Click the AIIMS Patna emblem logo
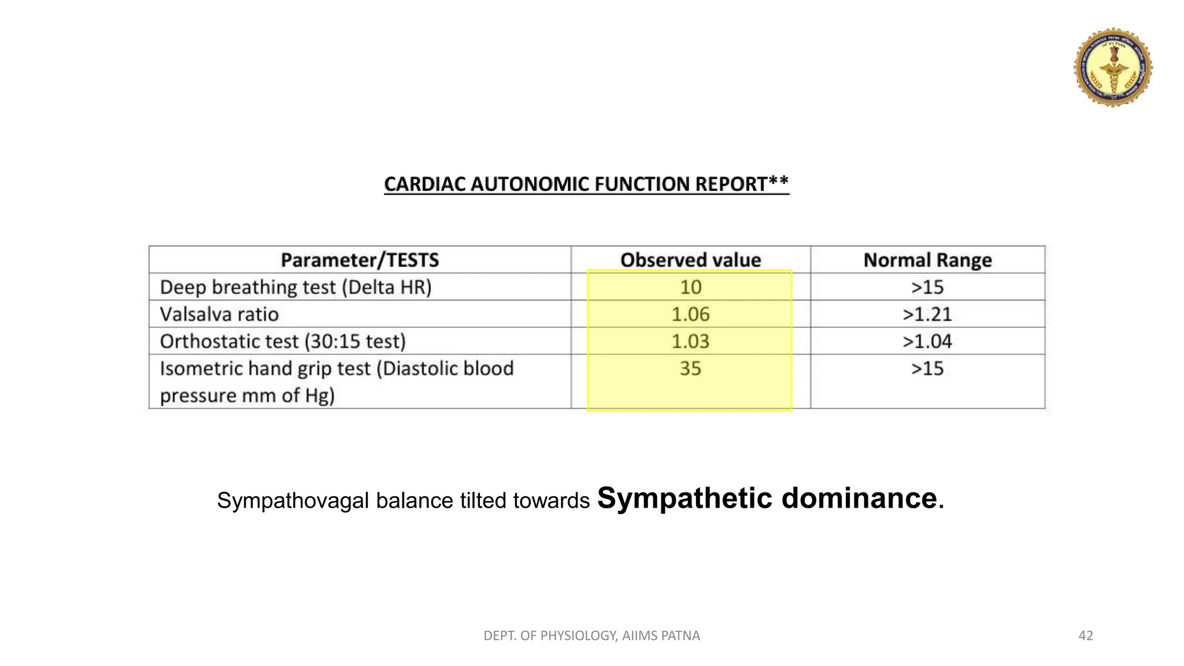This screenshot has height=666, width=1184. point(1113,67)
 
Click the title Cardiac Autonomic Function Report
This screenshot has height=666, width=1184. point(586,184)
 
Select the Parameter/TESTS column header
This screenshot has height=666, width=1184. point(360,260)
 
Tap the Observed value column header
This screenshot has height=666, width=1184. point(690,260)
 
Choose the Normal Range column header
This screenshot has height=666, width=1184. point(927,260)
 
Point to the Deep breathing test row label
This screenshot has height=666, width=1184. point(295,287)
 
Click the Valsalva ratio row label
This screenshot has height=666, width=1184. point(219,314)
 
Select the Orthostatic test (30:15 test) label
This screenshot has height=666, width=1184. point(283,342)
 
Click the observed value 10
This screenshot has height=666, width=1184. point(690,287)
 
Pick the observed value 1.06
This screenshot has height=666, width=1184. point(690,314)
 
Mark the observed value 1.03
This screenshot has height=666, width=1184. point(690,342)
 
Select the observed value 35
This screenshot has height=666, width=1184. point(690,369)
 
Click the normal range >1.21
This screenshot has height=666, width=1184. point(927,314)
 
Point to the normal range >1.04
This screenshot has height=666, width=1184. point(927,342)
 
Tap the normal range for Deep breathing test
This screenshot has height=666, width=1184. point(927,287)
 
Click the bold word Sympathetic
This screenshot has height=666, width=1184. point(684,498)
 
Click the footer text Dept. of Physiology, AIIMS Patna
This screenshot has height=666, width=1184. point(591,636)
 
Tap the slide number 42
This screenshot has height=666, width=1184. point(1086,636)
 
